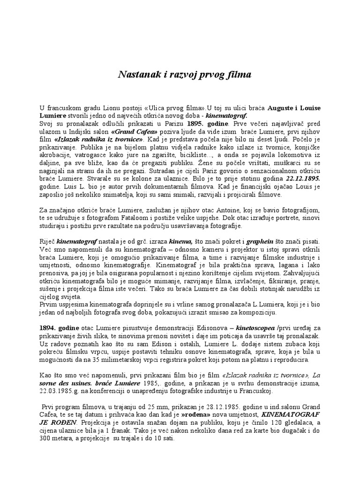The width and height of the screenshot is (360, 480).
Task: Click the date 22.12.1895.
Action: click(304, 179)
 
